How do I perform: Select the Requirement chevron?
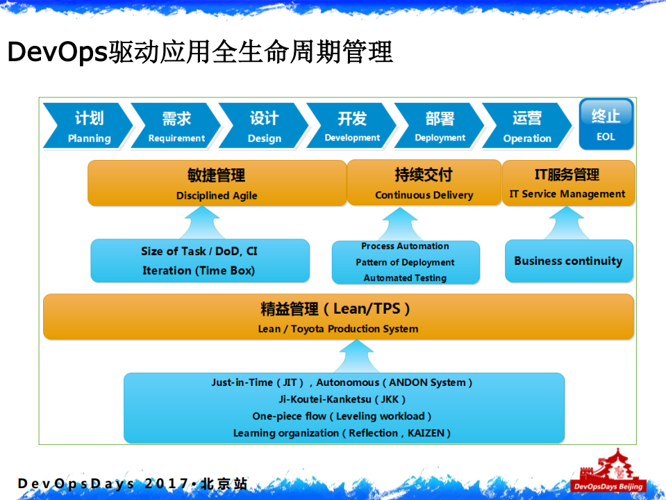coord(176,126)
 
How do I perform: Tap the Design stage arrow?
coord(264,126)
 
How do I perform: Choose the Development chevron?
coord(351,126)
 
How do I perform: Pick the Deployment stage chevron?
coord(440,126)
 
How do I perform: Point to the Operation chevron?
coord(526,126)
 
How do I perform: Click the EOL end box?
coord(606,124)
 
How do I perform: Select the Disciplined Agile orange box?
coord(217,183)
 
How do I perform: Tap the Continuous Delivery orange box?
coord(424,183)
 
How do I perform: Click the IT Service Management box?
coord(567,183)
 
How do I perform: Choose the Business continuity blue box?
coord(568,261)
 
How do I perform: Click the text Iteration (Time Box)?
coord(199,271)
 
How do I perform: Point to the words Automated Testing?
coord(405,278)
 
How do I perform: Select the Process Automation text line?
coord(405,246)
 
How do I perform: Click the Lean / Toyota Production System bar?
coord(338,317)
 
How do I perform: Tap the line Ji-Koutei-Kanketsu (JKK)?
coord(342,399)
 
